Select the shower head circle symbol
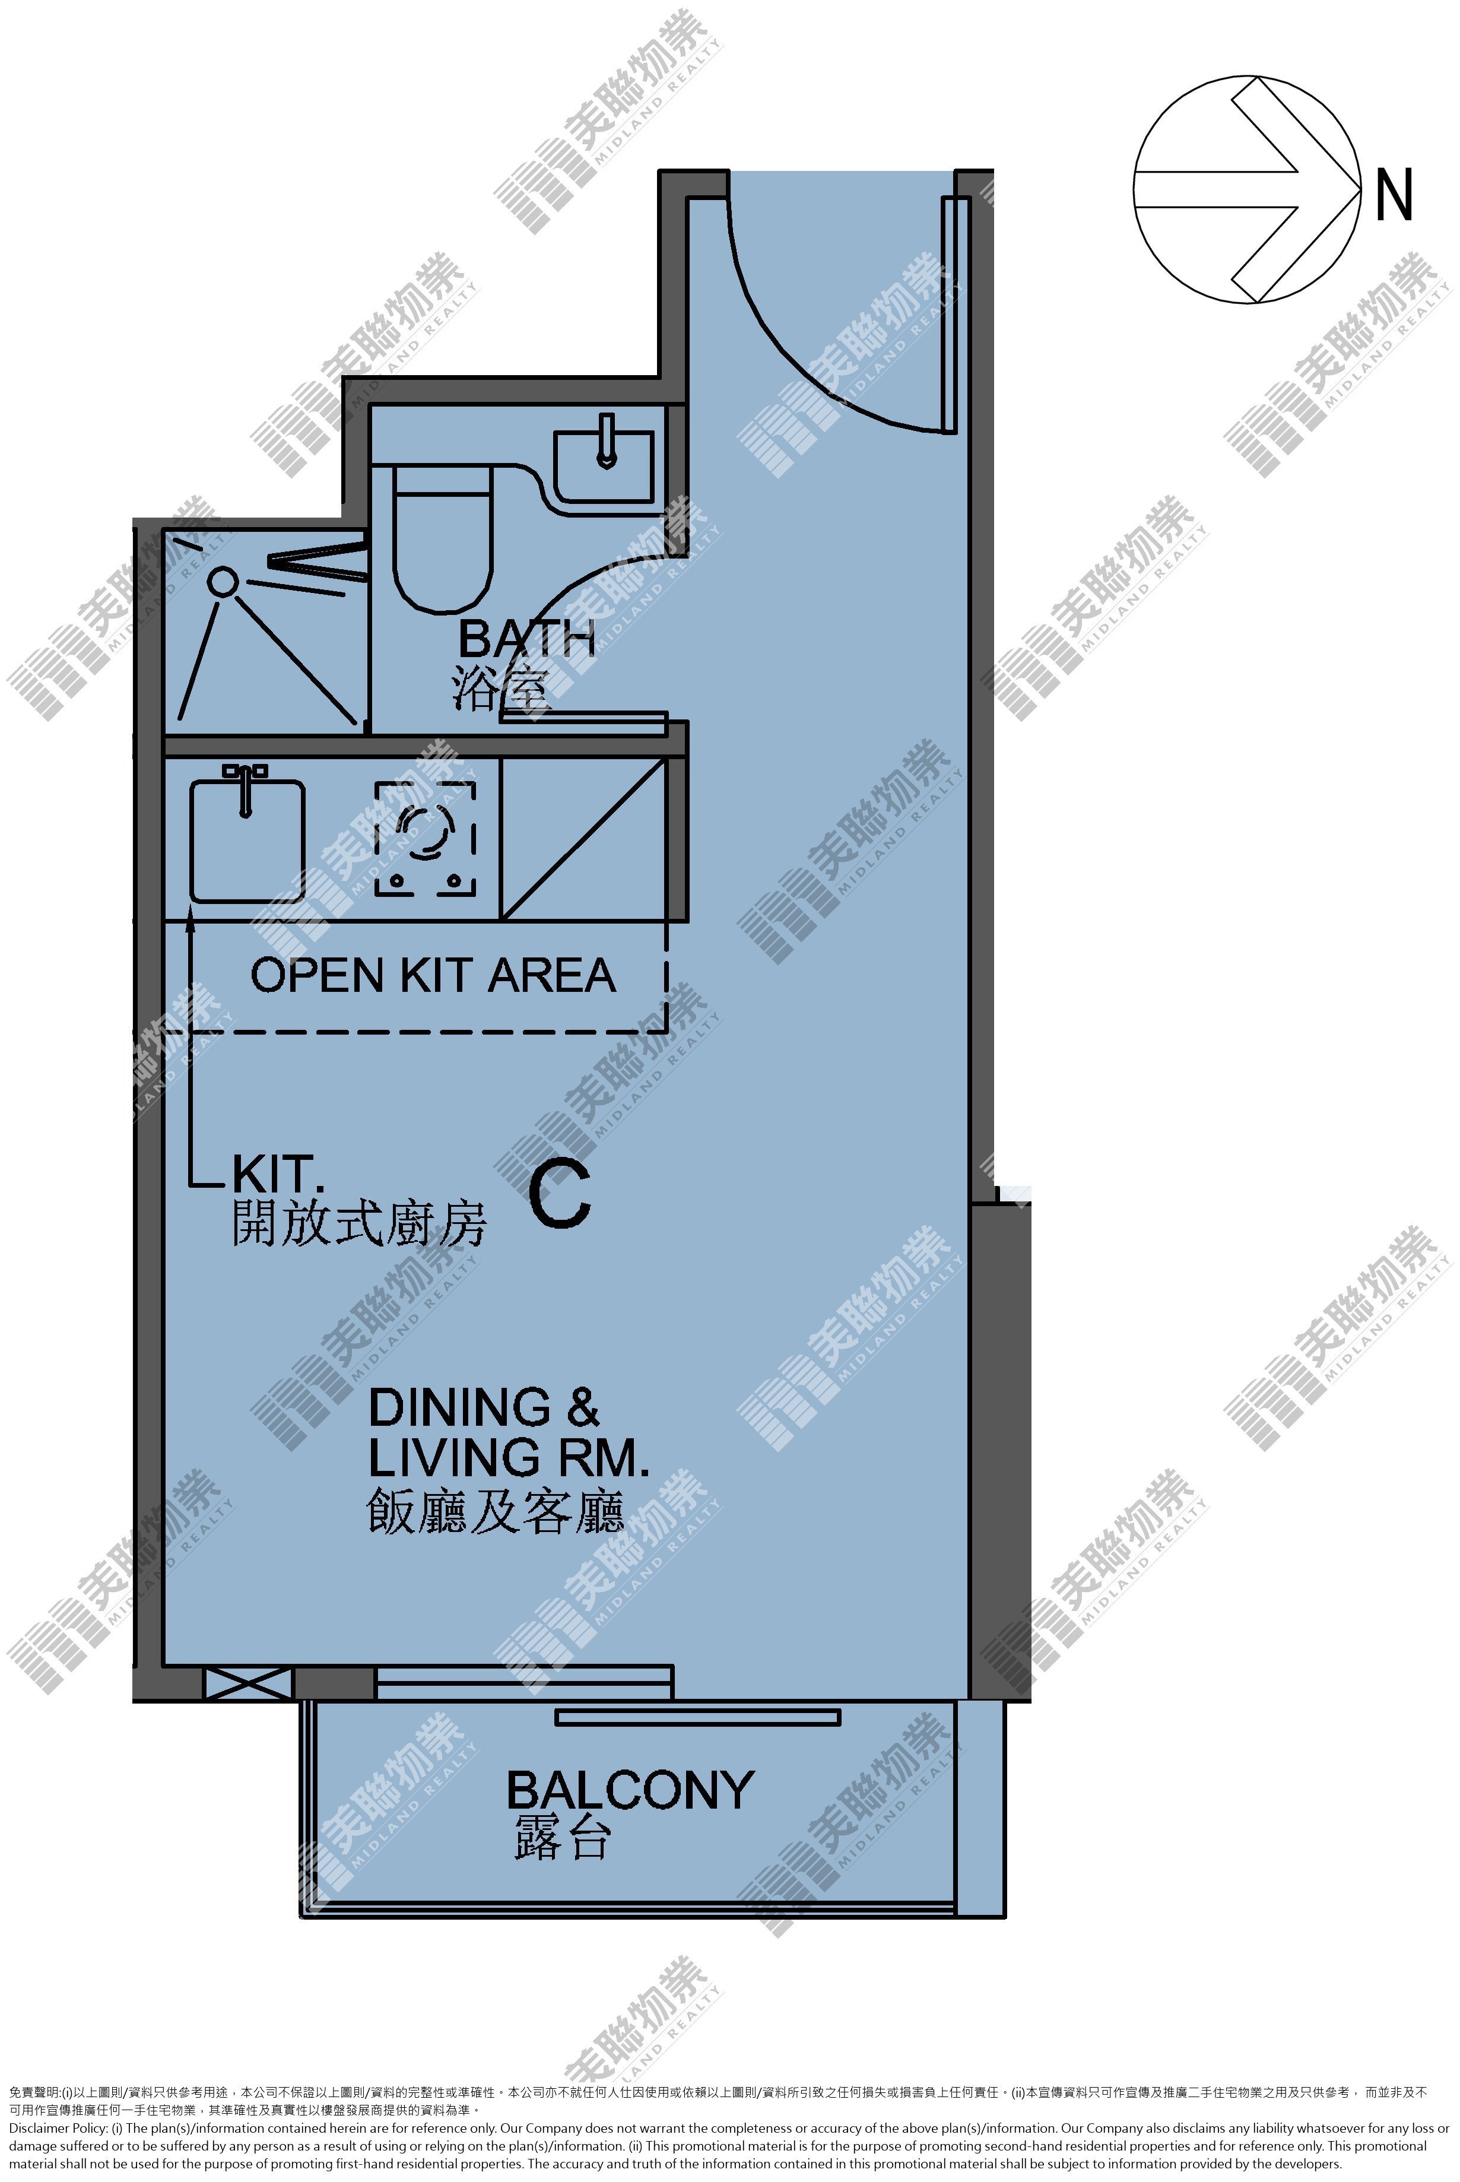pos(223,582)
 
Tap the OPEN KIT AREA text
pos(433,975)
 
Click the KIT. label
pos(278,1174)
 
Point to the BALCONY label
pos(630,1790)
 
